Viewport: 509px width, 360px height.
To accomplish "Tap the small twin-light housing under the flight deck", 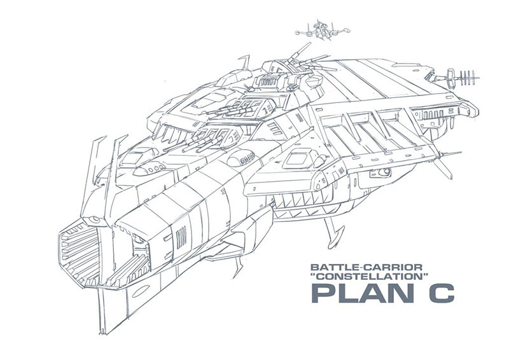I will click(x=384, y=172).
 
